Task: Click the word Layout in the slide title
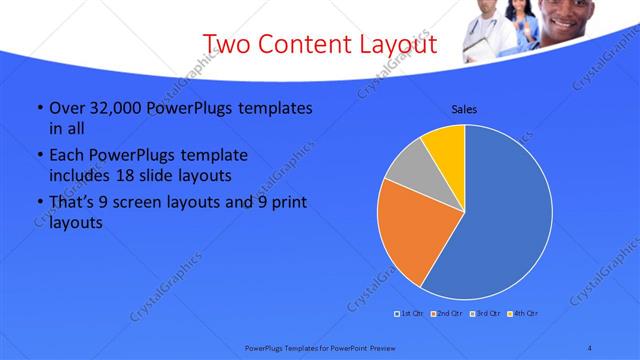(393, 44)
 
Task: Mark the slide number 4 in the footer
(590, 347)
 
